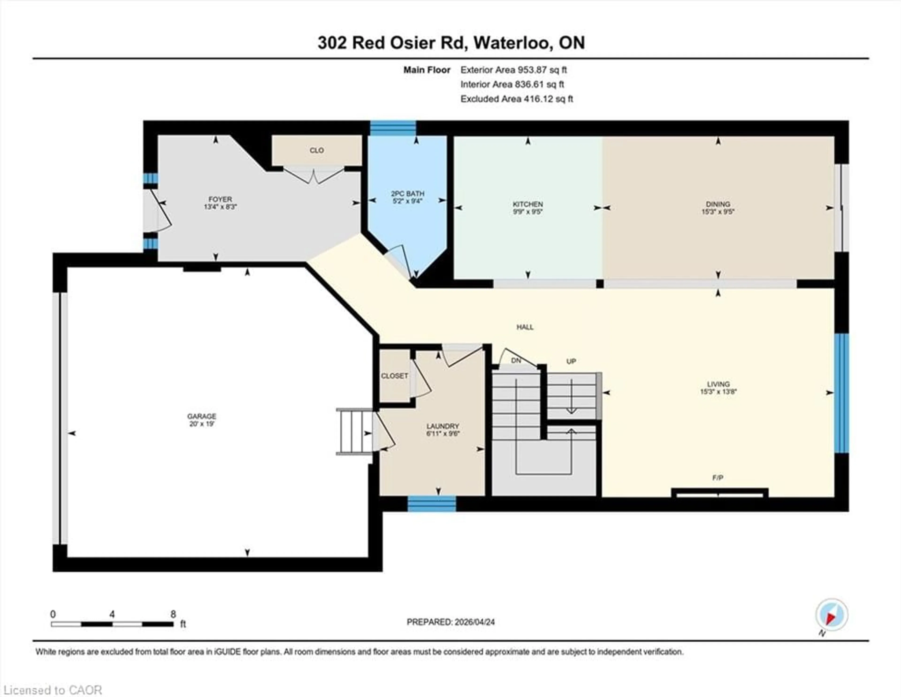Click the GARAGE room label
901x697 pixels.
tap(202, 416)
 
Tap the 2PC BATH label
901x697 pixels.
tap(408, 194)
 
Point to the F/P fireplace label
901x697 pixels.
tap(718, 478)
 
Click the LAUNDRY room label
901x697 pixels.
tap(443, 426)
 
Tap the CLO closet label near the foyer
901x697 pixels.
tap(317, 150)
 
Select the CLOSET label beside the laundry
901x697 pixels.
tap(394, 376)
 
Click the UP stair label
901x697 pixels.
tap(571, 361)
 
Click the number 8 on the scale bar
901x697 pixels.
tap(173, 614)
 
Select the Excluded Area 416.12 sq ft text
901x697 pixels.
tap(516, 99)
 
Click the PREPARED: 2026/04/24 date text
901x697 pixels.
tap(450, 622)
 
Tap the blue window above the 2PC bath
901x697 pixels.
tap(393, 128)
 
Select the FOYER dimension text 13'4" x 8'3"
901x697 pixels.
tap(220, 207)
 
